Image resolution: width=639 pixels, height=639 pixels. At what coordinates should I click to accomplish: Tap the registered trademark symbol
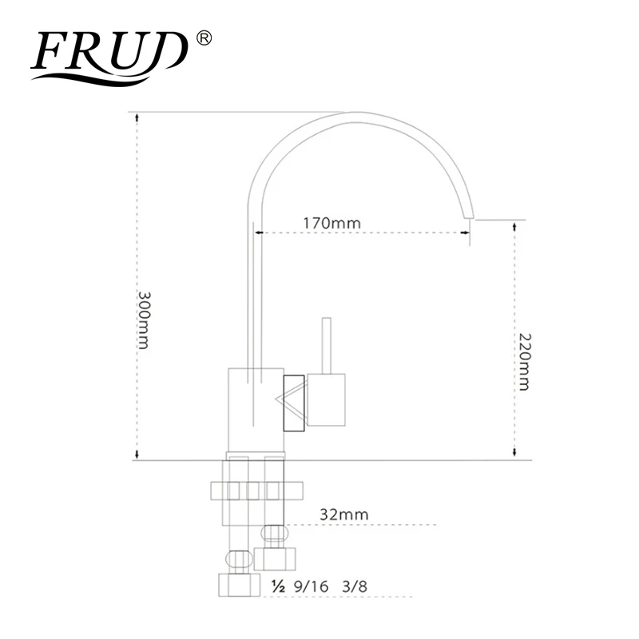coord(204,38)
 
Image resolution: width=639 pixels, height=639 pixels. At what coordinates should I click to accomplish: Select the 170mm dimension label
coord(331,224)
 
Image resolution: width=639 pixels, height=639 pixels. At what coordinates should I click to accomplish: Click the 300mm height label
coord(144,320)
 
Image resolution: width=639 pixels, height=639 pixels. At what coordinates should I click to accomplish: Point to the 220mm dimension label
coord(525,362)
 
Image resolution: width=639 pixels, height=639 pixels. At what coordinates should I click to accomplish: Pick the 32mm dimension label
coord(344,514)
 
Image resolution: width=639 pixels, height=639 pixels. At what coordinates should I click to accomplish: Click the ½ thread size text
coord(278,586)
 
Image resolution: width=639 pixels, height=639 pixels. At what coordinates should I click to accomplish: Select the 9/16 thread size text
coord(311,586)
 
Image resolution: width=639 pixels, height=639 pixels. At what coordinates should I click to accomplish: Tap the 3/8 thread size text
coord(355,586)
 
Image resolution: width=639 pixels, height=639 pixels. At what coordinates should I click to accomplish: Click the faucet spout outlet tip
coord(470,216)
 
